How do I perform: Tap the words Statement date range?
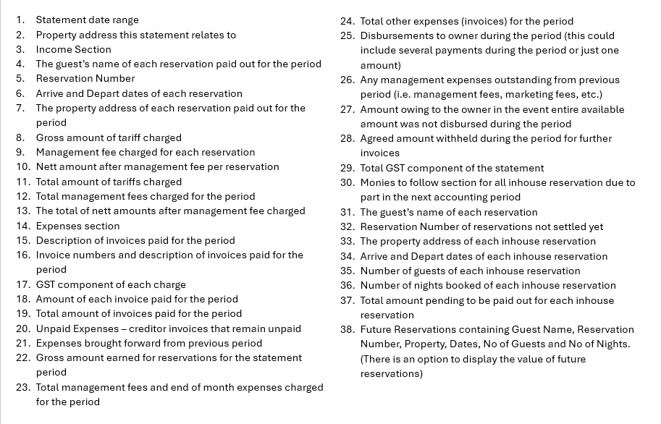(x=87, y=20)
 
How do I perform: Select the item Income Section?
(x=73, y=49)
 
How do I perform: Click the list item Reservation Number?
(x=85, y=79)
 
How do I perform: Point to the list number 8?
(x=20, y=137)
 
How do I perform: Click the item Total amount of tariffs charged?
(x=109, y=182)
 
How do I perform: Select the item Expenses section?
(x=77, y=226)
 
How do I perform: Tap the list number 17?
(x=22, y=284)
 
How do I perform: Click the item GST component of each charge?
(x=111, y=284)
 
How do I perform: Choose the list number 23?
(x=22, y=387)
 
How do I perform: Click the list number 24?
(x=347, y=21)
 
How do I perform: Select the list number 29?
(x=347, y=168)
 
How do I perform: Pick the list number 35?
(x=347, y=271)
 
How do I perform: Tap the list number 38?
(x=347, y=329)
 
